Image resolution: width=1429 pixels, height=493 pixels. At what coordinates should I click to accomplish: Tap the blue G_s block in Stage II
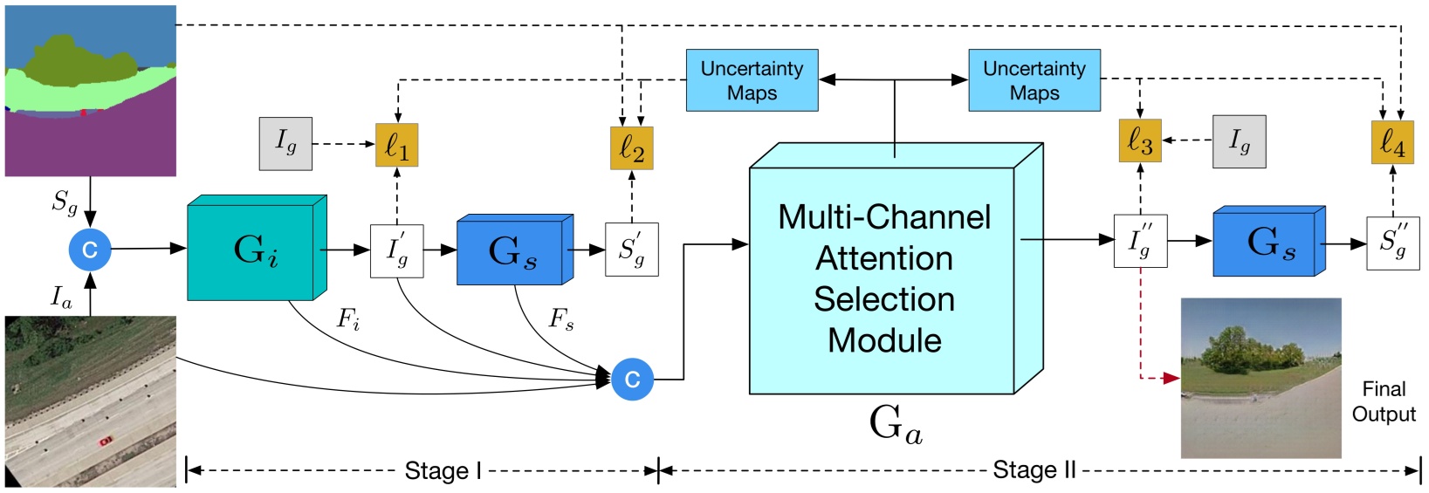point(1266,244)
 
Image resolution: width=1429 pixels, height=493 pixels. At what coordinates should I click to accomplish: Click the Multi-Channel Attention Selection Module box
point(883,279)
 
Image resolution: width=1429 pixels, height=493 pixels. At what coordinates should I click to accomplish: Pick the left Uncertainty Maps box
point(752,80)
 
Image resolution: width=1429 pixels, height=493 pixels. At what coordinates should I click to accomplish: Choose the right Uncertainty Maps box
point(1034,80)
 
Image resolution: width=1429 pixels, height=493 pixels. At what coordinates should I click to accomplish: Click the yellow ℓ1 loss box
point(397,145)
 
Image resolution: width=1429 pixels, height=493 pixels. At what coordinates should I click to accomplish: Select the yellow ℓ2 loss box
point(631,147)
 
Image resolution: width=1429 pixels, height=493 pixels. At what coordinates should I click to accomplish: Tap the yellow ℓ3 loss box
point(1140,140)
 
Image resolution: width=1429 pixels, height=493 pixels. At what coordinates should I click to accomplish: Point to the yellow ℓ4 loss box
point(1392,142)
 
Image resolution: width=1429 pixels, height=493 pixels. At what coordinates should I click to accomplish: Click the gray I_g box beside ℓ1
point(285,143)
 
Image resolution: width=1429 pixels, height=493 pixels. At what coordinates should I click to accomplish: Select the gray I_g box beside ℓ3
point(1239,140)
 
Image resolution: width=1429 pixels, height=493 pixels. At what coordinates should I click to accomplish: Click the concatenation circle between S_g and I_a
point(90,250)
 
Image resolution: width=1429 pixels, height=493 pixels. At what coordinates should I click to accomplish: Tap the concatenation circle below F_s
point(632,380)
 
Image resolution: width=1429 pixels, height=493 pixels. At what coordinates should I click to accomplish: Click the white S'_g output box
point(631,250)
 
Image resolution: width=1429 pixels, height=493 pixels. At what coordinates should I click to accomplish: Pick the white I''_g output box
point(1140,241)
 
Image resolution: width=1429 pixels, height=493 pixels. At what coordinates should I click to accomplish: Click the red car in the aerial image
point(106,441)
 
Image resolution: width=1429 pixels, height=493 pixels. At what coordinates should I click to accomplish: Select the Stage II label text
point(1034,470)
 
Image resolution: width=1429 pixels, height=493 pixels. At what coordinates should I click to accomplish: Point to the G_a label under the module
point(896,424)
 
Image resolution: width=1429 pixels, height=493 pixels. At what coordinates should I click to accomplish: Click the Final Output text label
point(1384,401)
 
